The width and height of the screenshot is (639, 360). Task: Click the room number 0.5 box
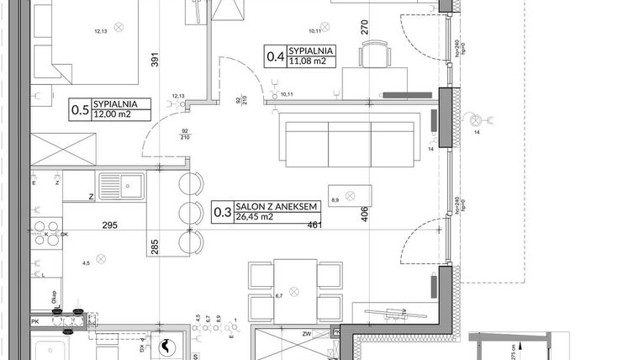(79, 108)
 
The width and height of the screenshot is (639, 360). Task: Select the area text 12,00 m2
(113, 114)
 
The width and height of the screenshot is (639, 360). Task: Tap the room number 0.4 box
(274, 56)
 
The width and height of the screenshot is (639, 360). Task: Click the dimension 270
(364, 26)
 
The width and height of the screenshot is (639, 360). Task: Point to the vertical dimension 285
(155, 246)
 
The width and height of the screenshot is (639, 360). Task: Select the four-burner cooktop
(47, 229)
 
